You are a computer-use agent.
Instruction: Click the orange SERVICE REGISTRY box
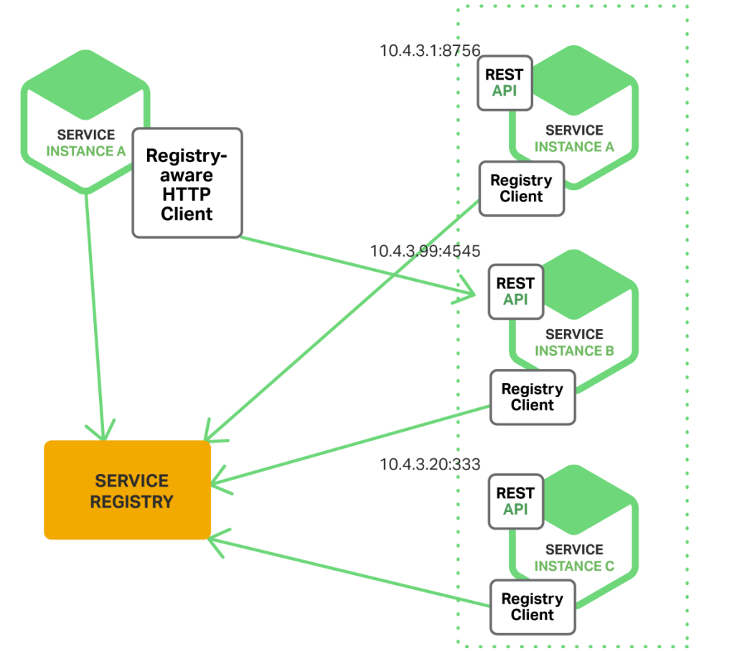click(128, 490)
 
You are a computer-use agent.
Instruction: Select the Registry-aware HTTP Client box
click(187, 183)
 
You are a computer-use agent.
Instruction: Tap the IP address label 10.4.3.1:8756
click(430, 50)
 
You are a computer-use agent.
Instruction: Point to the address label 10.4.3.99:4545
click(425, 251)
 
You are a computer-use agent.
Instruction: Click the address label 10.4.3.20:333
click(430, 464)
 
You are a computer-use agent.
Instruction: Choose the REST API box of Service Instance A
click(505, 83)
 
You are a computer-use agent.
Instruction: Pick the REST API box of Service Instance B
click(516, 292)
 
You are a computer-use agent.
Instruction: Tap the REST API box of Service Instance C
click(516, 502)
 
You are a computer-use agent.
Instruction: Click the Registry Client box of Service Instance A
click(522, 189)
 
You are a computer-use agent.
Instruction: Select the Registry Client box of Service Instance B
click(532, 397)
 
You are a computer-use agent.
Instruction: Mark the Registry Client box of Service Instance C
click(532, 607)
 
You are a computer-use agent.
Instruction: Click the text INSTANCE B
click(574, 351)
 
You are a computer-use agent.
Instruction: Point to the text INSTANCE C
click(574, 566)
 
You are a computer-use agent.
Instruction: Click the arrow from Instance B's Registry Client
click(351, 445)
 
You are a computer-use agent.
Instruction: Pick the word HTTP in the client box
click(187, 194)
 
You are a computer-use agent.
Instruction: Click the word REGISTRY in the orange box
click(131, 502)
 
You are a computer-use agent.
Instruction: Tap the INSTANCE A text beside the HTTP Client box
click(86, 151)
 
